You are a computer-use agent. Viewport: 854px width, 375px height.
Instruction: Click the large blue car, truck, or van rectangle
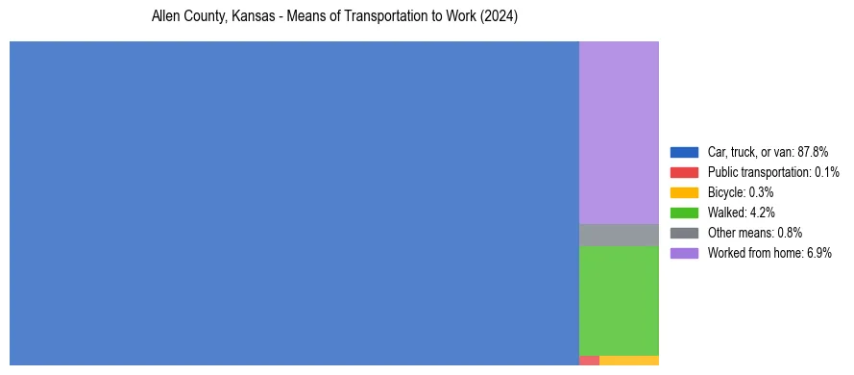click(294, 203)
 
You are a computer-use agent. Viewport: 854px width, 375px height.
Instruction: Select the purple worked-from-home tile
click(619, 132)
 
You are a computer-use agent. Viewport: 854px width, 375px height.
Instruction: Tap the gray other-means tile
click(619, 235)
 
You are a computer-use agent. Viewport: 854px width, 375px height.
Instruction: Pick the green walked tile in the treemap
click(619, 300)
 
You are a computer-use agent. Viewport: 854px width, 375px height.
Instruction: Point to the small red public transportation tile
click(589, 361)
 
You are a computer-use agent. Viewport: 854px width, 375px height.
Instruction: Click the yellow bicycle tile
click(629, 361)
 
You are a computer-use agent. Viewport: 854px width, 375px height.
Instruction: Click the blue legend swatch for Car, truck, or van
click(684, 152)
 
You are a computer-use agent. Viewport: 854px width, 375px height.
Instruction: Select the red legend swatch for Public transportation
click(684, 172)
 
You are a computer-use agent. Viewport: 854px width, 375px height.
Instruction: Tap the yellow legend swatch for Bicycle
click(684, 192)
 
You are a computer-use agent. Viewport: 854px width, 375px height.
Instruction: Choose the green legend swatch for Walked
click(684, 212)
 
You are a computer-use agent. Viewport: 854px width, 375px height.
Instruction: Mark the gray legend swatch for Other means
click(684, 233)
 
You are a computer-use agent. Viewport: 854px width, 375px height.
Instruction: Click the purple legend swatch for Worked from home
click(684, 253)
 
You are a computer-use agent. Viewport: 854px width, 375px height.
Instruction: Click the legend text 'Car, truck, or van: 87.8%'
click(768, 152)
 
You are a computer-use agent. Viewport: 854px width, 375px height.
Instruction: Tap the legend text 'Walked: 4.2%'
click(741, 212)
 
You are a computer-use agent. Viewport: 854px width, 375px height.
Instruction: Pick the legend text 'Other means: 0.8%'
click(755, 233)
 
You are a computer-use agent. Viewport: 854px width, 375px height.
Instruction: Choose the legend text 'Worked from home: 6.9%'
click(769, 253)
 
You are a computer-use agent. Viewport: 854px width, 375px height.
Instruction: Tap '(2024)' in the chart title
click(499, 18)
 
